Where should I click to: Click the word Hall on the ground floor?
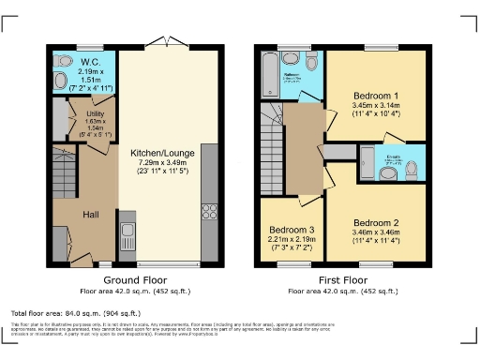coord(92,215)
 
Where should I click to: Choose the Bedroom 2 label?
coord(377,222)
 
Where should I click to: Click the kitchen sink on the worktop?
coord(128,229)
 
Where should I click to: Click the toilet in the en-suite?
coord(412,169)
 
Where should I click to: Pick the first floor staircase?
coord(274,141)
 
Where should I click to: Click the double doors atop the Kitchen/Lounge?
coord(166,44)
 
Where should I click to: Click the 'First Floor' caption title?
coord(343,279)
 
